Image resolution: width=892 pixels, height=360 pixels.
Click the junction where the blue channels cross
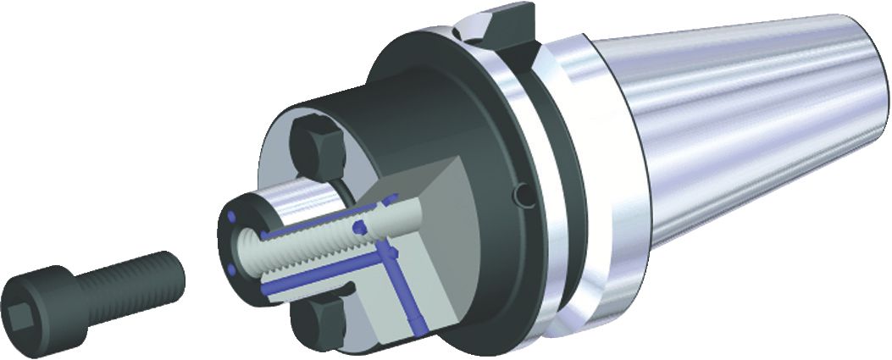[x=391, y=253]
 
